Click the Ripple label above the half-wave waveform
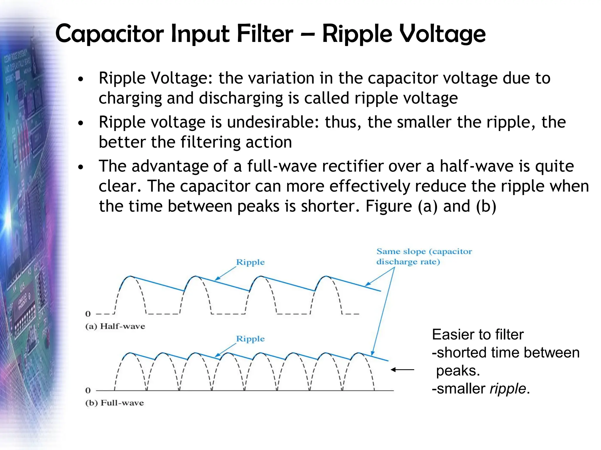click(x=250, y=262)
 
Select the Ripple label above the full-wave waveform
click(x=250, y=339)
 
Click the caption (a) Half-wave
click(x=115, y=326)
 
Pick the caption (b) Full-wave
click(x=114, y=403)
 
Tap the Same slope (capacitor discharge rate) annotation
click(x=424, y=256)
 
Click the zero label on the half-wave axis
click(x=88, y=314)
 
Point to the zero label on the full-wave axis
click(x=88, y=390)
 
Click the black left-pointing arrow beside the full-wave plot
click(x=402, y=370)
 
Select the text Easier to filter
click(x=477, y=335)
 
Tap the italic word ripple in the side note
click(x=508, y=388)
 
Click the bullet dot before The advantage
click(x=81, y=167)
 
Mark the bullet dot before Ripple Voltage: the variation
click(x=81, y=79)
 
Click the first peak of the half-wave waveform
click(x=130, y=276)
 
